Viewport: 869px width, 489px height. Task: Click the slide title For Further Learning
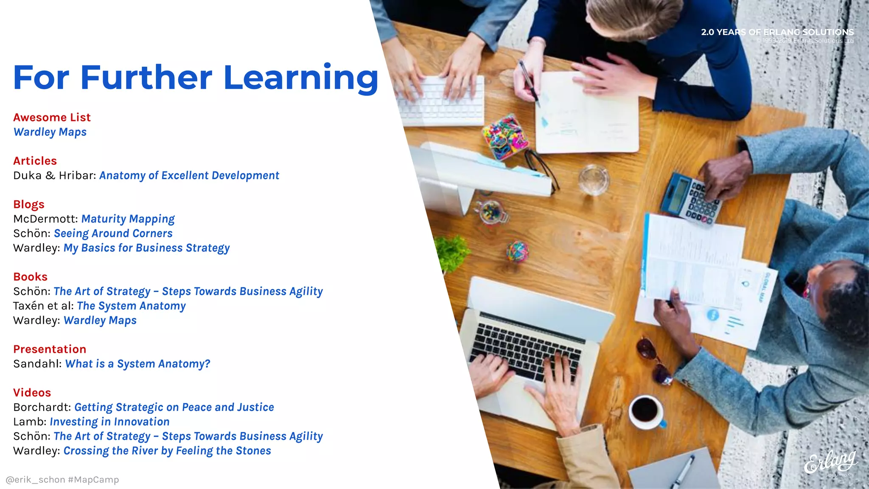[x=195, y=78]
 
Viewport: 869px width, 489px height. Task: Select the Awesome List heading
[x=52, y=118]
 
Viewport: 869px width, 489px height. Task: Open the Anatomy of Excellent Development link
[x=189, y=176]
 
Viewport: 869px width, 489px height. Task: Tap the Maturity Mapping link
[x=128, y=219]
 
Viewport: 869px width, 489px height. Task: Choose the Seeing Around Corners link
[x=113, y=233]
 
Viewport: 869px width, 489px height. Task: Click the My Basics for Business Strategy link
[x=146, y=248]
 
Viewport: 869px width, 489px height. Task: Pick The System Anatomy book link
[x=131, y=306]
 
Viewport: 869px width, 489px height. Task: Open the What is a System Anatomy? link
[x=137, y=364]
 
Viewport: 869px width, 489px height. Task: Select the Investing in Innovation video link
[x=109, y=422]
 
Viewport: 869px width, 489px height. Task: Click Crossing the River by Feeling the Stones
[x=167, y=451]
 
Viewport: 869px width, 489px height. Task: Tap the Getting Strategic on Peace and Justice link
[x=174, y=407]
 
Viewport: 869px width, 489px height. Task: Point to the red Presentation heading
[x=50, y=349]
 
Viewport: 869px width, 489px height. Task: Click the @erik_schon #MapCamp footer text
[x=62, y=480]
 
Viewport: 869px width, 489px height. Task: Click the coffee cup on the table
[x=646, y=410]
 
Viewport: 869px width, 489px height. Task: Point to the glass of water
[x=594, y=180]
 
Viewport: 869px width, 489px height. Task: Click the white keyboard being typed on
[x=441, y=101]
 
